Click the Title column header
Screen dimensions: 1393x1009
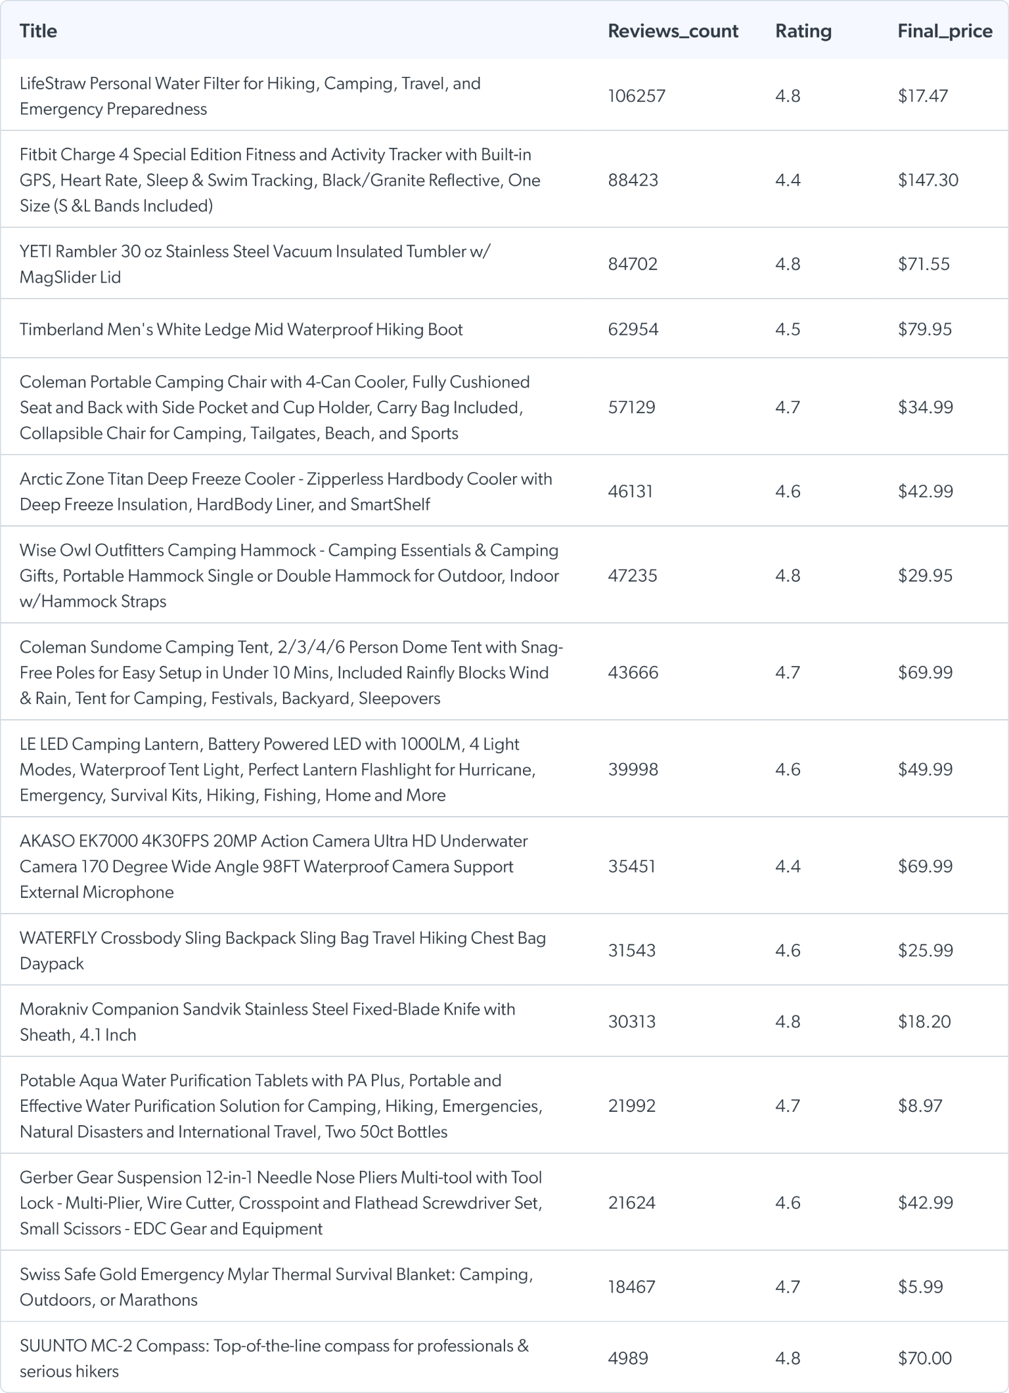[38, 31]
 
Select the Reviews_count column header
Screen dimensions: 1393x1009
[673, 31]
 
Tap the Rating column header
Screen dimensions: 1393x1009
[803, 31]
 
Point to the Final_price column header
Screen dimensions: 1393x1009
[945, 31]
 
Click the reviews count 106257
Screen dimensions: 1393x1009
[637, 96]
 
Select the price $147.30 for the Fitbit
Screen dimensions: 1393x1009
[928, 180]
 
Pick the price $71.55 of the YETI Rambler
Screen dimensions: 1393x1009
[924, 264]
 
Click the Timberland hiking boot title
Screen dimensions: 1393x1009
[241, 329]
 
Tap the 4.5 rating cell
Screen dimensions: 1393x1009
[788, 329]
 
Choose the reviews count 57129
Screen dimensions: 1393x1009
[631, 407]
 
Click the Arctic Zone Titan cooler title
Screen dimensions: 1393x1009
[286, 491]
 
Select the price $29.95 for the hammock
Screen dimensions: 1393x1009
[925, 575]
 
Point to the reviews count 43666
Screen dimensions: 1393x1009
[633, 673]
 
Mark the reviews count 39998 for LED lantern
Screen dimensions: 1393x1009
[633, 769]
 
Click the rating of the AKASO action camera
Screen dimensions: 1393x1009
[788, 866]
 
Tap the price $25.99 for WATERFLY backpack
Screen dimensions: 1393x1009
[925, 950]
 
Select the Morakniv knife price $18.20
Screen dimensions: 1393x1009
[924, 1021]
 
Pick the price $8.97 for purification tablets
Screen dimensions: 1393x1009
[920, 1105]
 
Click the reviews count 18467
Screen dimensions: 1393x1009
[631, 1287]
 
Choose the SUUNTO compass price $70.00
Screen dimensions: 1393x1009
[924, 1358]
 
